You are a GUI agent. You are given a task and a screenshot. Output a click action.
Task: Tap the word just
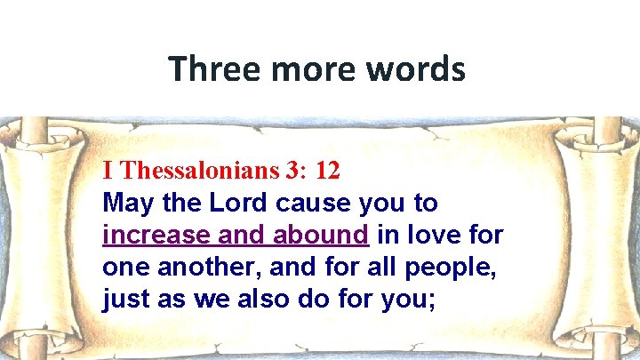(x=126, y=300)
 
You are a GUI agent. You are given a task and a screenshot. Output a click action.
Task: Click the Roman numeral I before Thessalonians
(x=108, y=170)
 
